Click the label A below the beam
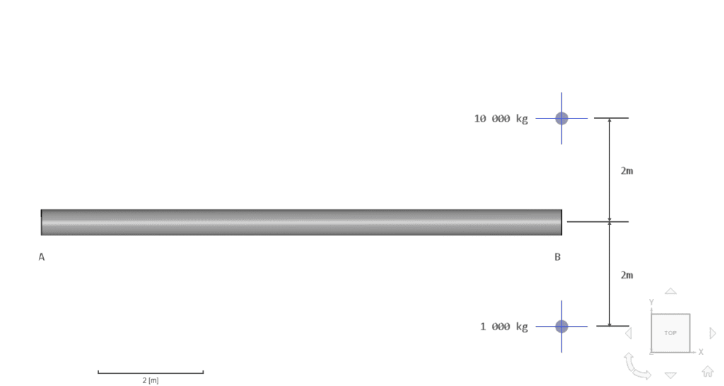pos(42,257)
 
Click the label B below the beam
pos(557,257)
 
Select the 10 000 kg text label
pos(501,119)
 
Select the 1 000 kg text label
pos(504,327)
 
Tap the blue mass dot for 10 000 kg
pos(561,118)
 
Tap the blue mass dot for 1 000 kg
pos(561,326)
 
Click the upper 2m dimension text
pos(626,170)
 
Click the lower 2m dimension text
pos(626,275)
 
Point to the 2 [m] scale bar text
pos(150,380)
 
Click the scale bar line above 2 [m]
pos(150,373)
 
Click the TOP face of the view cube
pos(670,332)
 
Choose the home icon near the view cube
pos(708,371)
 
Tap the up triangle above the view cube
pos(670,291)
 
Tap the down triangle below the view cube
pos(670,375)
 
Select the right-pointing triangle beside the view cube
pos(712,333)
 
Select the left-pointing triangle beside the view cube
pos(629,333)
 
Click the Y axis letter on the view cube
pos(651,302)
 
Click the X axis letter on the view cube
pos(701,351)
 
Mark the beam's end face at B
pos(561,222)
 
